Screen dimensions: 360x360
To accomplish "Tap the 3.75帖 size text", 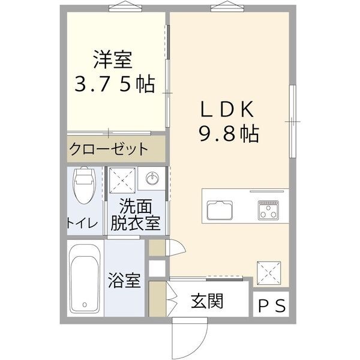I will [115, 84].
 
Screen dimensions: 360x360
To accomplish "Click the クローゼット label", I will [108, 149].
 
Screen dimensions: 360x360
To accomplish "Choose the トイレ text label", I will [82, 223].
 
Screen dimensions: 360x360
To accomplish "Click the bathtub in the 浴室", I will [84, 278].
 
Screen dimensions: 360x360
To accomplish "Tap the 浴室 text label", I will [125, 280].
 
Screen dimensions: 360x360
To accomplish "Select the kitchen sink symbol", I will [221, 210].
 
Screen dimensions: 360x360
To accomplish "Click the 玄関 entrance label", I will [208, 300].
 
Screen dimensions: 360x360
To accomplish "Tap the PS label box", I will [272, 305].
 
